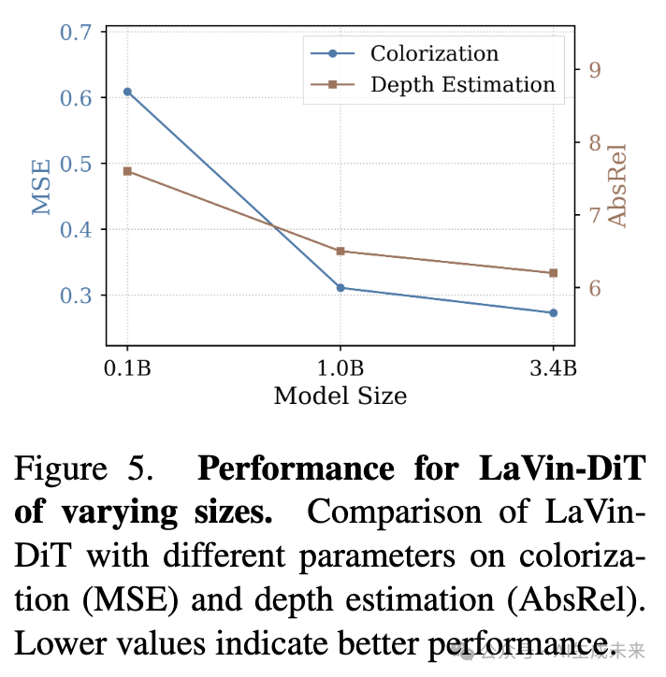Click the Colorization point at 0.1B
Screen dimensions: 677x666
127,92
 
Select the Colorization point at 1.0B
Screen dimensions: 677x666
340,287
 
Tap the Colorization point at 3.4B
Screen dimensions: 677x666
553,312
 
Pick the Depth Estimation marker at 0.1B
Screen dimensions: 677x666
127,171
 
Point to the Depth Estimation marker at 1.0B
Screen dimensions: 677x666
340,251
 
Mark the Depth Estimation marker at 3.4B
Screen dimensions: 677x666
553,272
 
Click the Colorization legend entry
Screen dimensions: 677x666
434,53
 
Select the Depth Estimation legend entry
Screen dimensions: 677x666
462,84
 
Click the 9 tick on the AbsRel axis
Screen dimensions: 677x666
593,69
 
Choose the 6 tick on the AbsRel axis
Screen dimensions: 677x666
593,288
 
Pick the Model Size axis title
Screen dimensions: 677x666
340,396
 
